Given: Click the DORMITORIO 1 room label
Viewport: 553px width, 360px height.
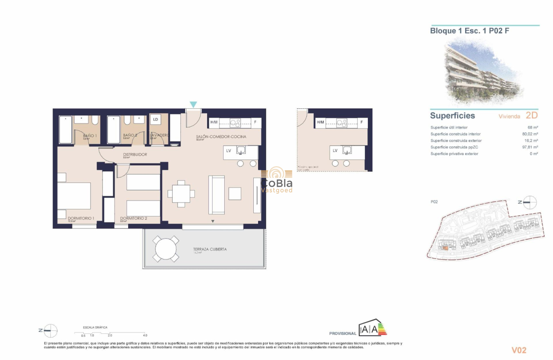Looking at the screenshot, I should (81, 218).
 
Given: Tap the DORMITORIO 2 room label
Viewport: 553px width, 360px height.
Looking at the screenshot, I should (133, 218).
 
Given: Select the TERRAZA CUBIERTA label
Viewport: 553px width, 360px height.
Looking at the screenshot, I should (210, 249).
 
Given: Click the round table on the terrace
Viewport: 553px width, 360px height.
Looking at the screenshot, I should (166, 249).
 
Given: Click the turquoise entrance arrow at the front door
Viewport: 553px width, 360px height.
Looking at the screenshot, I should (193, 104).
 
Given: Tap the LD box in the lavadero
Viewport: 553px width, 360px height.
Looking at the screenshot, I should (155, 120).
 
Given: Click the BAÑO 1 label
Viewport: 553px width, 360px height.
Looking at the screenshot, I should (90, 135).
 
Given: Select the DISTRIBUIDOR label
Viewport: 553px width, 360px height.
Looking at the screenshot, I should (135, 154).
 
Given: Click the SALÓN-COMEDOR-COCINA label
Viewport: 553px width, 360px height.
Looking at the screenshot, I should (221, 136).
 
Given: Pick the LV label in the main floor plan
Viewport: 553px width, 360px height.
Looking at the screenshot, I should (228, 150).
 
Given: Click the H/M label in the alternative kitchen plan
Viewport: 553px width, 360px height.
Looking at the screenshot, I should (320, 123).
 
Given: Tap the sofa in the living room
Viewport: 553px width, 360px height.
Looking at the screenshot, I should (216, 195).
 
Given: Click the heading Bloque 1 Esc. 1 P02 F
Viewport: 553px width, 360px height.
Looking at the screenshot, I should (469, 31).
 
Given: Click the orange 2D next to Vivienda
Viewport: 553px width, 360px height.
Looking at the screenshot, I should (531, 115).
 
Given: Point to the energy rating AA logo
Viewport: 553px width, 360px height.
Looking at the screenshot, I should (372, 329).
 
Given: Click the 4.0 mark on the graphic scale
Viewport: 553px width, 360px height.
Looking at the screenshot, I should (145, 335).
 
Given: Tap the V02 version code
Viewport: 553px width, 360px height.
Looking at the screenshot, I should (519, 350).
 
